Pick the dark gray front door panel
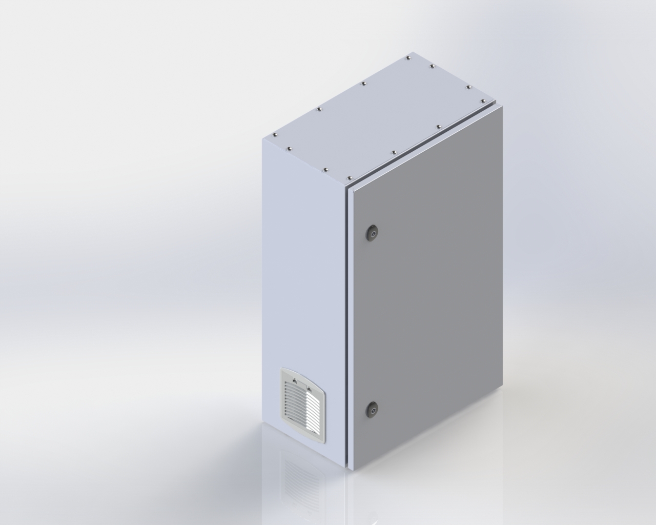click(430, 297)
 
